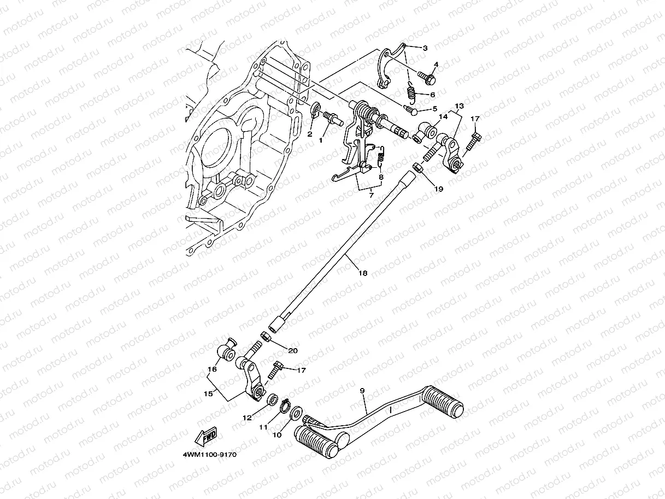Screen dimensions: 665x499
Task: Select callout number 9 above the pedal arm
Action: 362,391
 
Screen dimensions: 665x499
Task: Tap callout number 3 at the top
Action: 425,48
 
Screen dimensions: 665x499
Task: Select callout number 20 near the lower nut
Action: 293,350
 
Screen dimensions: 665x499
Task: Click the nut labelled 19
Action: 417,168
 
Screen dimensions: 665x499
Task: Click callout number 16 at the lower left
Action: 211,369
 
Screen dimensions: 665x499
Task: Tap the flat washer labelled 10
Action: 296,411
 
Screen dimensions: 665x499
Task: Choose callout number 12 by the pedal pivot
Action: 247,418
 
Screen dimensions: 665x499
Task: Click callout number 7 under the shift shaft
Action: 370,195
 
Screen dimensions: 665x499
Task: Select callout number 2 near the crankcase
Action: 310,133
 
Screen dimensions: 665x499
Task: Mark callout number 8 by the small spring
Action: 380,177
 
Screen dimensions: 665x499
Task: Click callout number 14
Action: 443,116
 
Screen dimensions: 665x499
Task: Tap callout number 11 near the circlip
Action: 263,427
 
